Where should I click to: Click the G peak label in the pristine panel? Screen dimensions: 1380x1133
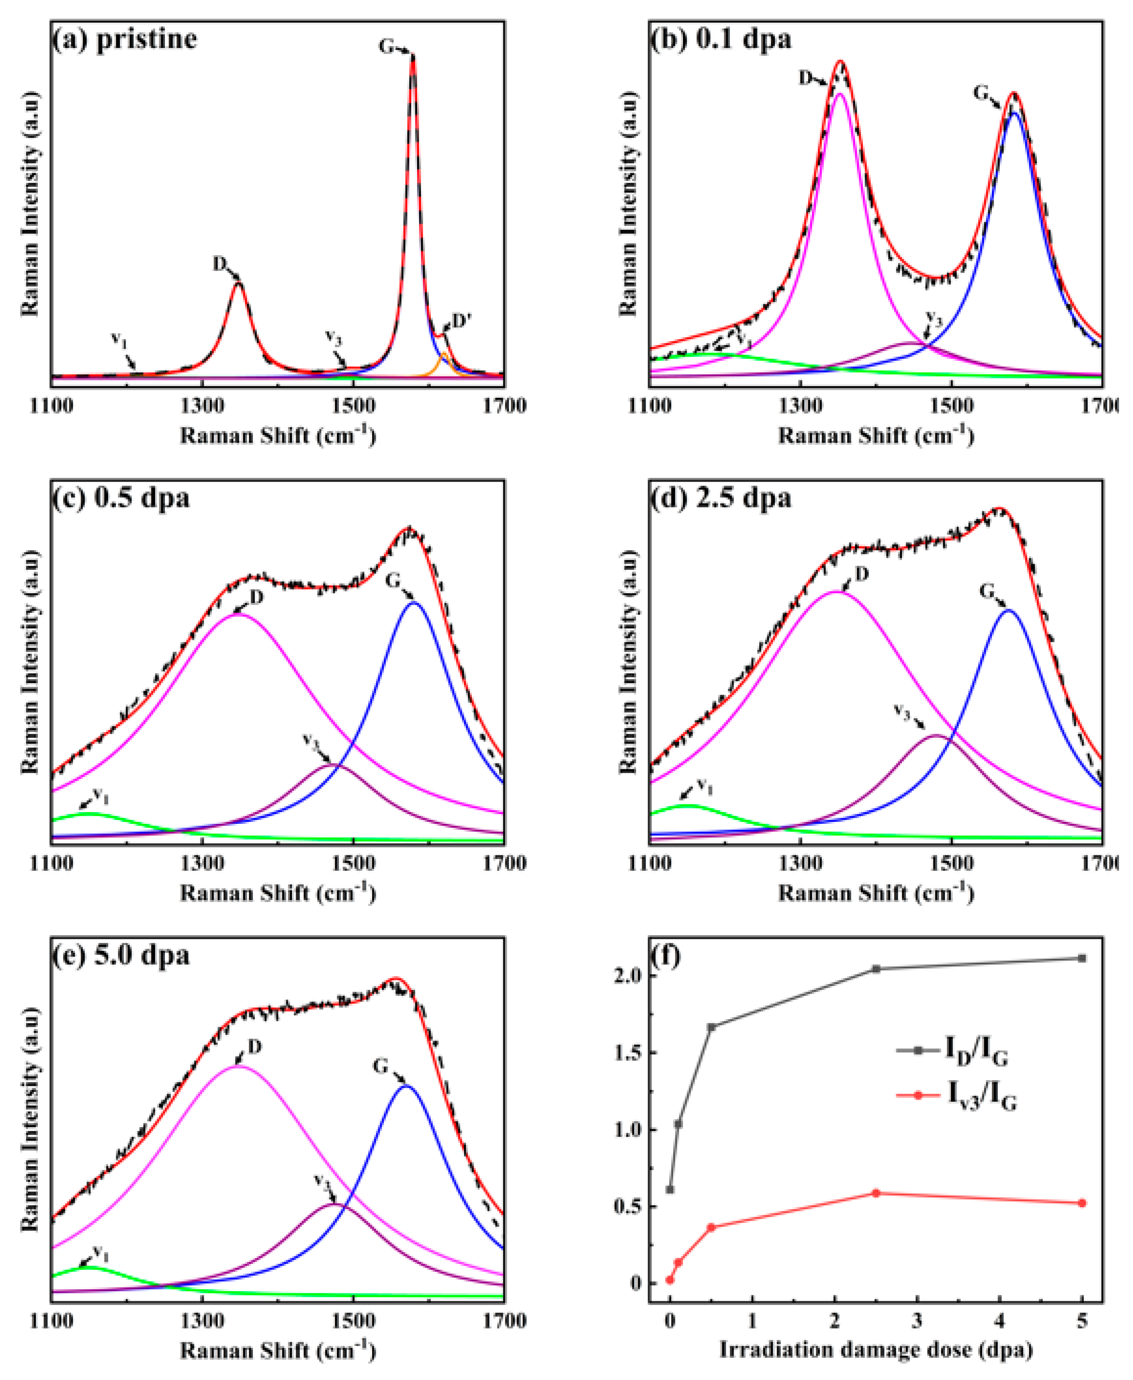pyautogui.click(x=386, y=47)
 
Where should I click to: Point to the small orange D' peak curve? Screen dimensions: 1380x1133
pyautogui.click(x=444, y=358)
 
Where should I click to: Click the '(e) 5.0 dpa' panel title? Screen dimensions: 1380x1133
pyautogui.click(x=121, y=955)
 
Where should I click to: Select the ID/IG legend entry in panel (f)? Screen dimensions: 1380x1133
pyautogui.click(x=976, y=1050)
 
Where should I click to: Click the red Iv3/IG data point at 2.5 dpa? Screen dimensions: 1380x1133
pyautogui.click(x=876, y=1193)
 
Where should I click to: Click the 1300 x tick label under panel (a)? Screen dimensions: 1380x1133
pyautogui.click(x=202, y=406)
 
